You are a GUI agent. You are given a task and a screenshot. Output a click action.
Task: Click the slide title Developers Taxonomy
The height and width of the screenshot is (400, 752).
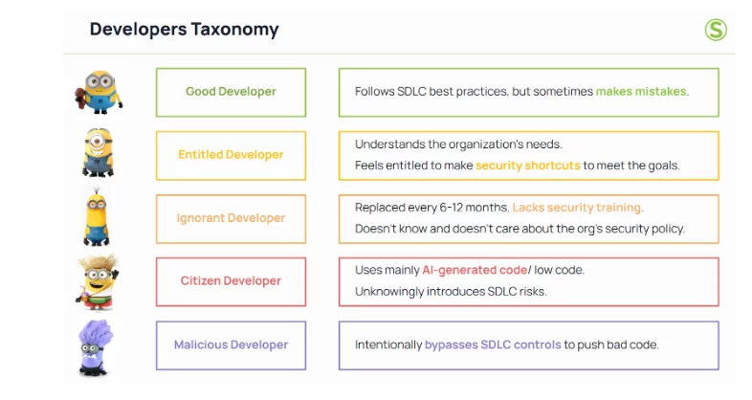184,30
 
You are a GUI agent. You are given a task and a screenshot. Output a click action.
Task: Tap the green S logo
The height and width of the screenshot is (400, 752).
716,30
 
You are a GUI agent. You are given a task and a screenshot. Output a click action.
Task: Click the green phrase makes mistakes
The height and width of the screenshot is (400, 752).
641,92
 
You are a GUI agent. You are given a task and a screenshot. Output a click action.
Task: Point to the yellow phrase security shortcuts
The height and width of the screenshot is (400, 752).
527,166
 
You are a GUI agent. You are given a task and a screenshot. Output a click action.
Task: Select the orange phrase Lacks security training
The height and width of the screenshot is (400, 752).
577,208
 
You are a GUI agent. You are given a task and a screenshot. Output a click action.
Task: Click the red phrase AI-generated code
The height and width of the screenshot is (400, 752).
475,270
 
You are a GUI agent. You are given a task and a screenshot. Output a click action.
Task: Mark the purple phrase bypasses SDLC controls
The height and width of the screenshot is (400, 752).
493,344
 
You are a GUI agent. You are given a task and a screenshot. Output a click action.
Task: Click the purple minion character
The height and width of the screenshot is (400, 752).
95,347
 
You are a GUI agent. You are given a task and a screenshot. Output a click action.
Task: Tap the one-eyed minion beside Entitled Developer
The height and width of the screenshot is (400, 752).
98,152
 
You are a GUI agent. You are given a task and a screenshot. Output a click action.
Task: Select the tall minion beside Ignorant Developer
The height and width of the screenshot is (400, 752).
97,217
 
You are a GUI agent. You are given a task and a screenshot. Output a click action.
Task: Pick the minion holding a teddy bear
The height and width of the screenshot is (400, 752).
99,92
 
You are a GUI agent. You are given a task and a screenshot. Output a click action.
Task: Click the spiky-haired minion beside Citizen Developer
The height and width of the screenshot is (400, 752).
97,282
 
